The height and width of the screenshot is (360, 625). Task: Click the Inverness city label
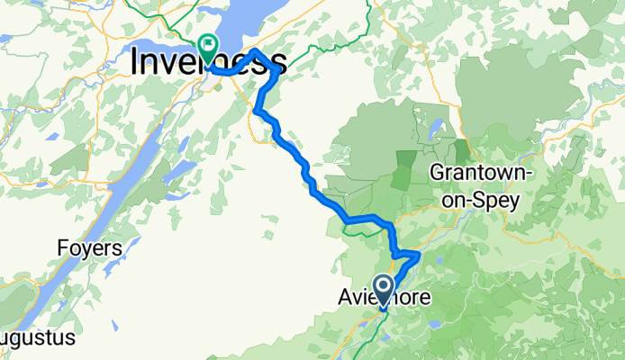coord(208,62)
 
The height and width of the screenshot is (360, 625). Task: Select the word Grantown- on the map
coord(475,171)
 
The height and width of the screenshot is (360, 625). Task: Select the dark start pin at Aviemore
coord(383,289)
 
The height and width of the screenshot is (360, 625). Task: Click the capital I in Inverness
coord(136,62)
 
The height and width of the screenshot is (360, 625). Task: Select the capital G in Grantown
coord(439,171)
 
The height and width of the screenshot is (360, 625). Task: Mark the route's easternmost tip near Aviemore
coord(420,255)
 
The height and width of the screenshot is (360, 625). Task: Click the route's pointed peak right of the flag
coord(256,50)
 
